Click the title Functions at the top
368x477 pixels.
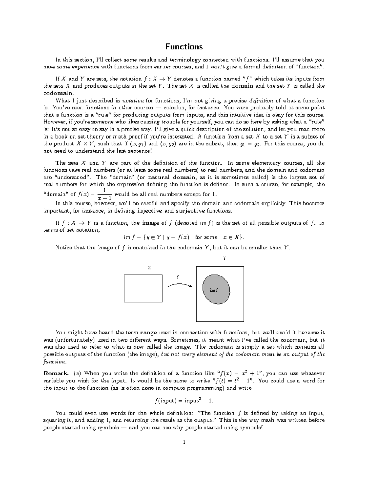point(184,47)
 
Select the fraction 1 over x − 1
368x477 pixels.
point(104,194)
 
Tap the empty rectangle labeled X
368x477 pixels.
point(143,288)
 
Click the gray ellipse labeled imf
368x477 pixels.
point(216,290)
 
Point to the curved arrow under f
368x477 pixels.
point(179,286)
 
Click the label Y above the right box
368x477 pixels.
point(224,258)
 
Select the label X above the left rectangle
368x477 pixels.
point(149,268)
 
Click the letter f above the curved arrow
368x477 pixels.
point(178,277)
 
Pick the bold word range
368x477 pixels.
point(148,332)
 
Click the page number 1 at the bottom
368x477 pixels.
point(184,442)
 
